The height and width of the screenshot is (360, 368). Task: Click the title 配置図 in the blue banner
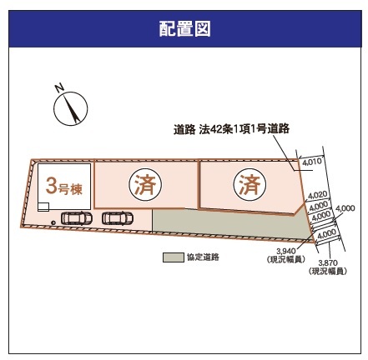pos(184,29)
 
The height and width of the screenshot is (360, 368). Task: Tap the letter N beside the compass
pos(60,87)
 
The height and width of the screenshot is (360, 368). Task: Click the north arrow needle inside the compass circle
pos(71,109)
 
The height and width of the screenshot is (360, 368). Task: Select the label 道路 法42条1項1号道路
pos(231,129)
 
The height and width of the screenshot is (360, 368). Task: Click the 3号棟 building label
pos(64,187)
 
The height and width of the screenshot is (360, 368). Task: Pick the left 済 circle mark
pos(145,184)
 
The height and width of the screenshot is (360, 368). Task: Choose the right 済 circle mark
pos(250,184)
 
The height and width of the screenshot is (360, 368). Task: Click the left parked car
pos(77,218)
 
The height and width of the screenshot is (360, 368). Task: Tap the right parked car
pos(118,218)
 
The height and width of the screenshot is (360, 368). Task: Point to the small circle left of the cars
pos(53,222)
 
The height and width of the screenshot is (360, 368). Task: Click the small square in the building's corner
pos(43,207)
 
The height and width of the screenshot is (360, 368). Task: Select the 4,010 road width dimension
pos(312,162)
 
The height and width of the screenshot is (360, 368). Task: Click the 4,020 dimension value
pos(318,196)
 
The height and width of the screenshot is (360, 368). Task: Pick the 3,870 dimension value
pos(328,262)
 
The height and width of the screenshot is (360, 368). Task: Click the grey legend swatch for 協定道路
pos(174,257)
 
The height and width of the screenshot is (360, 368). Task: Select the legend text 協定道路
pos(203,257)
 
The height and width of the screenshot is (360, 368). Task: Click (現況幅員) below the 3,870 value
pos(328,271)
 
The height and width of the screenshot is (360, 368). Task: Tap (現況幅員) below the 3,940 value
pos(286,259)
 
